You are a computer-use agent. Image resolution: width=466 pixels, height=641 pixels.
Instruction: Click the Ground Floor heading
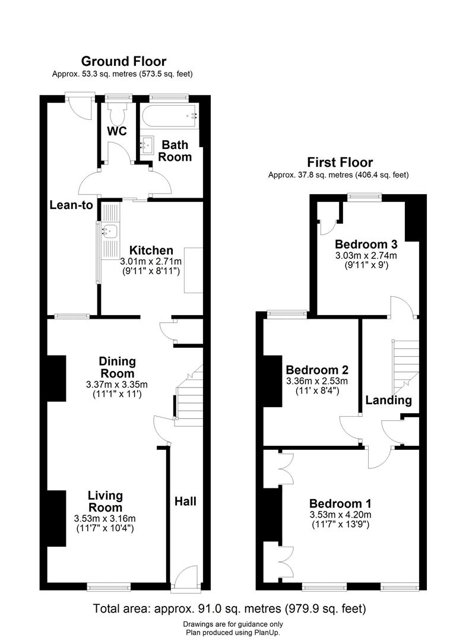coord(123,61)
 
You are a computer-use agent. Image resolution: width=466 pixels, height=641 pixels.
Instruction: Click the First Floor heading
coord(340,162)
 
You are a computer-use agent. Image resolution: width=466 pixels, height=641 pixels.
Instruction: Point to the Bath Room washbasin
coord(147,144)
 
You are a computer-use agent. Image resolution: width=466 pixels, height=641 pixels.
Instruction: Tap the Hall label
coord(185,502)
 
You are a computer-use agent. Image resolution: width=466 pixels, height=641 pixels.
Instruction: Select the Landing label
coord(388,400)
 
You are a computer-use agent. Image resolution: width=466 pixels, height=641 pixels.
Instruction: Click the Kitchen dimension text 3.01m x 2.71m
coord(151,261)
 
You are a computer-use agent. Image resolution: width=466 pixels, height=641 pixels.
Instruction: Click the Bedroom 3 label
coord(366,244)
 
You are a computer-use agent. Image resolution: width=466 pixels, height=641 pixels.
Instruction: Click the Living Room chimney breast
coord(56,518)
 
